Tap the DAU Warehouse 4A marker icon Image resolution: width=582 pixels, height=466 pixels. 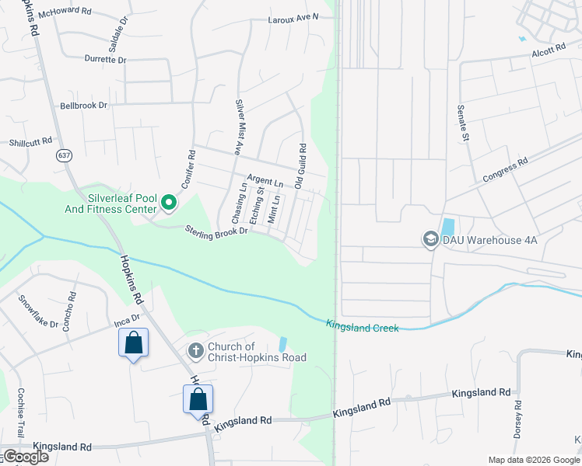(x=430, y=239)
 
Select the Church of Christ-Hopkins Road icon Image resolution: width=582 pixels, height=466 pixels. (x=195, y=352)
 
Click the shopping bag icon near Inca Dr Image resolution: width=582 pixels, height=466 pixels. (x=133, y=343)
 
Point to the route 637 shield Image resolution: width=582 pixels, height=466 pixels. (x=62, y=155)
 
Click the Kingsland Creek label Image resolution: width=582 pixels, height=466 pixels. (x=363, y=328)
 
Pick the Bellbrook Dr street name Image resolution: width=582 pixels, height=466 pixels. (x=83, y=105)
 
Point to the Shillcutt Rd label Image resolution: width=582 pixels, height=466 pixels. (x=30, y=142)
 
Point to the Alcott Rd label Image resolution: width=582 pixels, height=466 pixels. (x=549, y=50)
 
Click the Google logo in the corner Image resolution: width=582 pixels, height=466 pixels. (x=25, y=457)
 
